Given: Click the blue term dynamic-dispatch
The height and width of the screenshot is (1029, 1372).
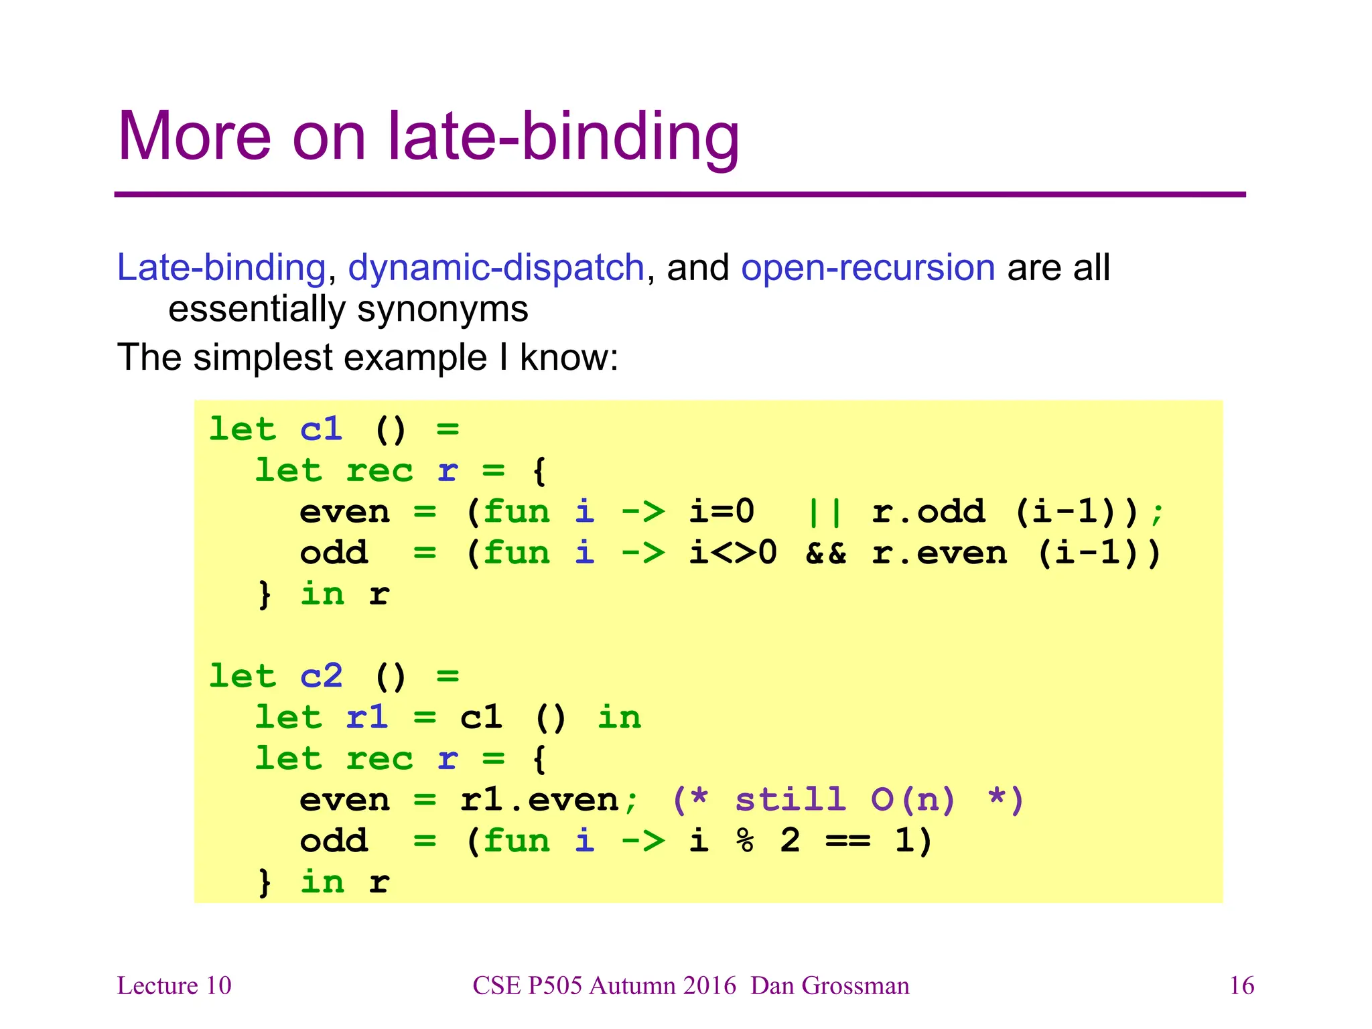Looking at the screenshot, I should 496,267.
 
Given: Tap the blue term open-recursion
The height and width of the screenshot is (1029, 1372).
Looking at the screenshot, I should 868,267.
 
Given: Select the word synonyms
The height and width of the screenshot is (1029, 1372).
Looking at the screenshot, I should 442,310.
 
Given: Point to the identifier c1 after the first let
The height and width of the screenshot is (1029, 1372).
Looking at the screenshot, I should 321,429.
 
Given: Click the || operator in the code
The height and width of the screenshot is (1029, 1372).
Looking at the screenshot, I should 825,512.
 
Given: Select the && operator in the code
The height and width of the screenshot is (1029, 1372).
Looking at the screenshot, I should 825,553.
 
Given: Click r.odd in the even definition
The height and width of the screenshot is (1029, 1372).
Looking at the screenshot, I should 928,512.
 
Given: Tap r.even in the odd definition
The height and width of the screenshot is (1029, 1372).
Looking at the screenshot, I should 939,553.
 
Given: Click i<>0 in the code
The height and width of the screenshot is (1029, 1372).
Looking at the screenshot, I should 733,553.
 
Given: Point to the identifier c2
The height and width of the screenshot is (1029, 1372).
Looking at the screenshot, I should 321,676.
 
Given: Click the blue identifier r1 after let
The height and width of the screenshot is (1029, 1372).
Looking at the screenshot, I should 366,717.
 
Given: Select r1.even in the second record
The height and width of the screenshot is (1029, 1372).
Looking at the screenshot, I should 539,800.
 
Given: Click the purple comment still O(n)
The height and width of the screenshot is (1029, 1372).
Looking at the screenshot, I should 847,800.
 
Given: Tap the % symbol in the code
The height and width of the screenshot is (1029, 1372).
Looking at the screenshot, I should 744,841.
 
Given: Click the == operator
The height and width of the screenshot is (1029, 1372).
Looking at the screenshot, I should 847,841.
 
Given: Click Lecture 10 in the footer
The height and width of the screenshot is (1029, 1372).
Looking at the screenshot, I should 174,985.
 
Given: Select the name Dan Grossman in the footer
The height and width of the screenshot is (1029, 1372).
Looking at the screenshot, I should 829,985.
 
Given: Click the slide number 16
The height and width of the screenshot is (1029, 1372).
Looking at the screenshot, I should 1241,985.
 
